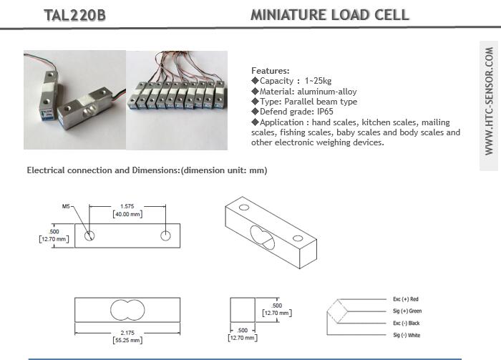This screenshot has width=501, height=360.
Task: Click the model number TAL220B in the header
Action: (x=75, y=15)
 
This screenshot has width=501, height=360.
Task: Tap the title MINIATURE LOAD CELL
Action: (x=330, y=15)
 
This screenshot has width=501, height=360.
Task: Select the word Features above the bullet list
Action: (x=271, y=70)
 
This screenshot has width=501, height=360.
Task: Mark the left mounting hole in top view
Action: (x=89, y=235)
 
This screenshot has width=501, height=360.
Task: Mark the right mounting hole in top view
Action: (x=165, y=235)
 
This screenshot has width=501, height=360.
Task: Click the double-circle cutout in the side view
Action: (x=127, y=310)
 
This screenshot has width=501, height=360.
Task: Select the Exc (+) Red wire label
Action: (x=405, y=298)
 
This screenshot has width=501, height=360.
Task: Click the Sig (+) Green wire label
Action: (x=407, y=311)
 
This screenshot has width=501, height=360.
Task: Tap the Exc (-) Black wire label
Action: (x=407, y=323)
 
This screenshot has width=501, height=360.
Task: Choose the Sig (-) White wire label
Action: (x=407, y=335)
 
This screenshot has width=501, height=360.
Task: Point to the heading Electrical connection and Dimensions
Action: (x=147, y=170)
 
